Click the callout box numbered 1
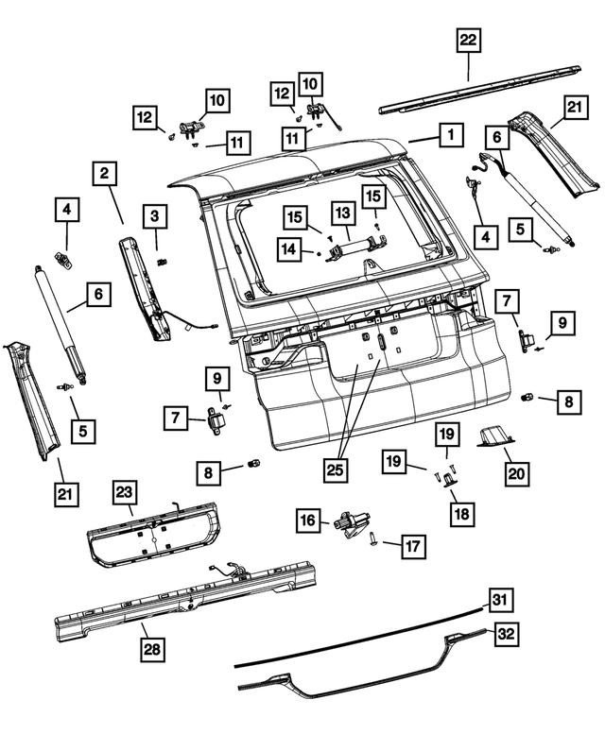click(x=451, y=136)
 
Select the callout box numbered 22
click(x=469, y=40)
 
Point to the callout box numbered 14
click(x=289, y=248)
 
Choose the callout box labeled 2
click(x=104, y=174)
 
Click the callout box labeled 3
click(x=156, y=217)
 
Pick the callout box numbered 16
click(x=309, y=520)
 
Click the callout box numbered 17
click(x=413, y=546)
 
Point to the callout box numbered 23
click(x=126, y=491)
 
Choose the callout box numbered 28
click(x=151, y=649)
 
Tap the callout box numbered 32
click(x=507, y=634)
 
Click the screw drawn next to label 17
click(x=377, y=540)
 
